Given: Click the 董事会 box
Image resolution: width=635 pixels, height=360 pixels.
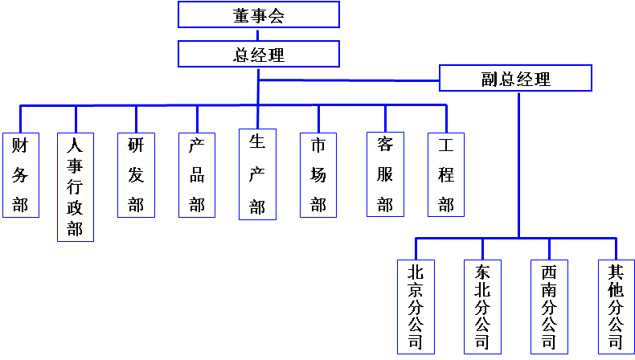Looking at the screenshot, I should tap(259, 14).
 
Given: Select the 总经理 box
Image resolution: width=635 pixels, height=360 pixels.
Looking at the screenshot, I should tap(259, 54).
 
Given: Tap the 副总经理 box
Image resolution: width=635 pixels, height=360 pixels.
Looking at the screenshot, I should tap(516, 78).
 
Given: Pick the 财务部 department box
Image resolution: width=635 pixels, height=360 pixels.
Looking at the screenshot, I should tap(20, 174).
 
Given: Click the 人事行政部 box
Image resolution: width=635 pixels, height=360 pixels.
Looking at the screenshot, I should tap(75, 186).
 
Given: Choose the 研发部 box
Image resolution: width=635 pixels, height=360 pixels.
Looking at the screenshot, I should tap(136, 174).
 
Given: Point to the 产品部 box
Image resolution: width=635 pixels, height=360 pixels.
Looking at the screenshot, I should tap(197, 174).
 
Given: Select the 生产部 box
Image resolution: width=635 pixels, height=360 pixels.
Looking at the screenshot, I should tap(257, 174).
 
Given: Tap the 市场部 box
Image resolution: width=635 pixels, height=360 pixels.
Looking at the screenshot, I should tap(318, 174).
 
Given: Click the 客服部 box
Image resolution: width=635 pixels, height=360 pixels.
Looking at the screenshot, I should tap(385, 174).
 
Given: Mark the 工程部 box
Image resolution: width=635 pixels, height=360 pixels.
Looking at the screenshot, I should tap(446, 174).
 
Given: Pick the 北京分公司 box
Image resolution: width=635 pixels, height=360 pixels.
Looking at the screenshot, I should tap(416, 306).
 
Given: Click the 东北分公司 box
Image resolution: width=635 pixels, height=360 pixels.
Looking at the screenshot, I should tap(482, 306).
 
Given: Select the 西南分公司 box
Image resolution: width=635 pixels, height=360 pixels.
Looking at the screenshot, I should tap(550, 306).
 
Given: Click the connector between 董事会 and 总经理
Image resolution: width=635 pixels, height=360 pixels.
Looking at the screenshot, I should tap(259, 35).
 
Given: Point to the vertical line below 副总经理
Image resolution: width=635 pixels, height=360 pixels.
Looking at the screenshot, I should tap(518, 161).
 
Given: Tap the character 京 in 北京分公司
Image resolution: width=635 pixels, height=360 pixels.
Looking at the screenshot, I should tap(416, 288).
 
